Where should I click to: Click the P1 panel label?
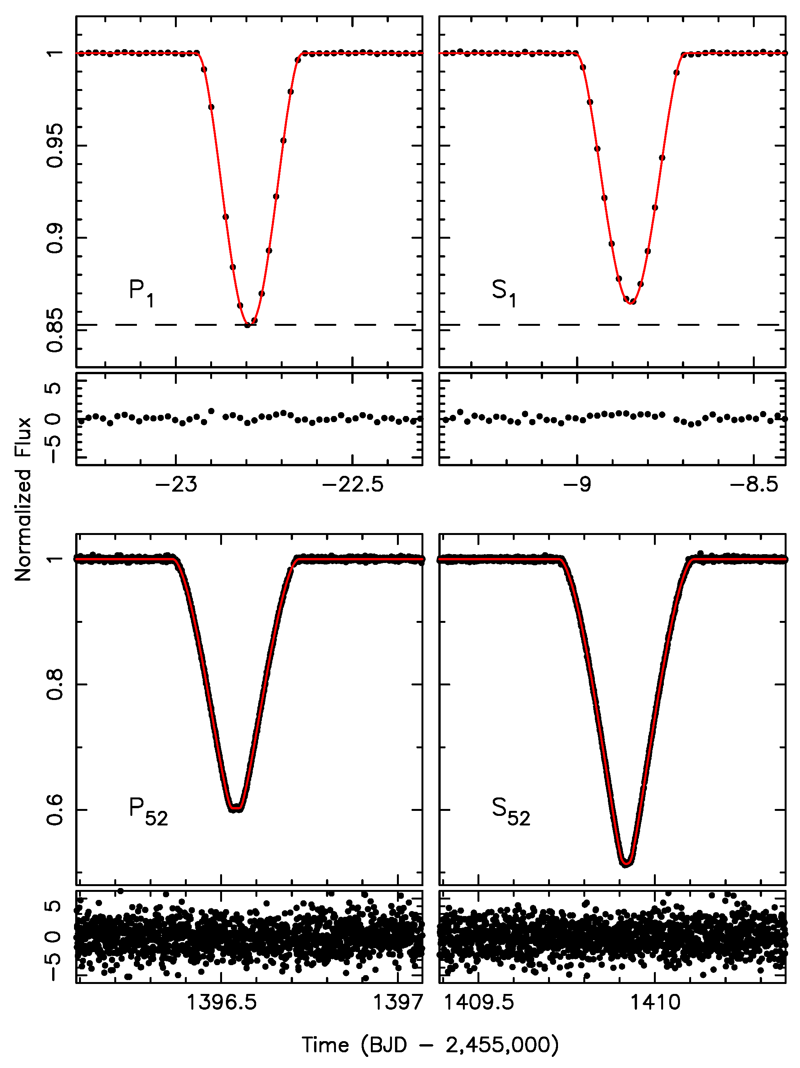click(141, 292)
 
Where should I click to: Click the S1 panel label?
click(503, 292)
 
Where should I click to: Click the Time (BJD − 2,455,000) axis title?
click(430, 1045)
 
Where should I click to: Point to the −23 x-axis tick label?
click(176, 484)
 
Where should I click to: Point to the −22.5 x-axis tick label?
click(353, 484)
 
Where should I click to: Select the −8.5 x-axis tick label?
click(754, 484)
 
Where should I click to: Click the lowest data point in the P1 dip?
click(247, 325)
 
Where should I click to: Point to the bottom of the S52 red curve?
click(626, 863)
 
